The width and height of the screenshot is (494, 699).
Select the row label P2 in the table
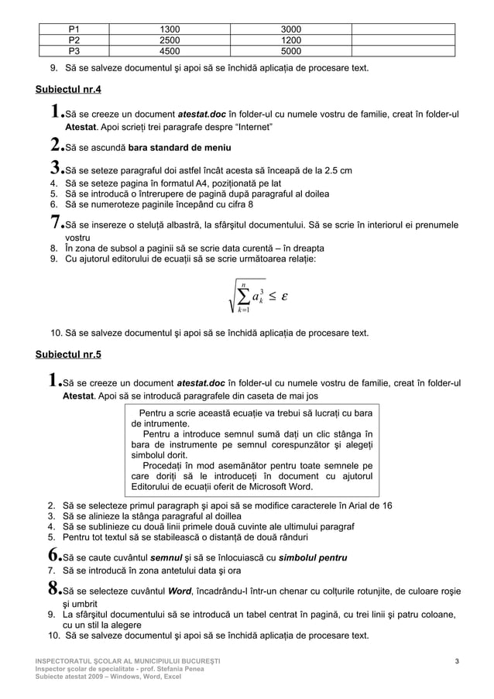(x=74, y=40)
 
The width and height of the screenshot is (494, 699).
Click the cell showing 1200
(x=291, y=40)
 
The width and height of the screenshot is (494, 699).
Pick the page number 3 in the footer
(x=458, y=660)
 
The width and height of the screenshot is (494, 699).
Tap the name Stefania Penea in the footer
(x=180, y=668)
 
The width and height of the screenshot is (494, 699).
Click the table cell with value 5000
(x=291, y=52)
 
